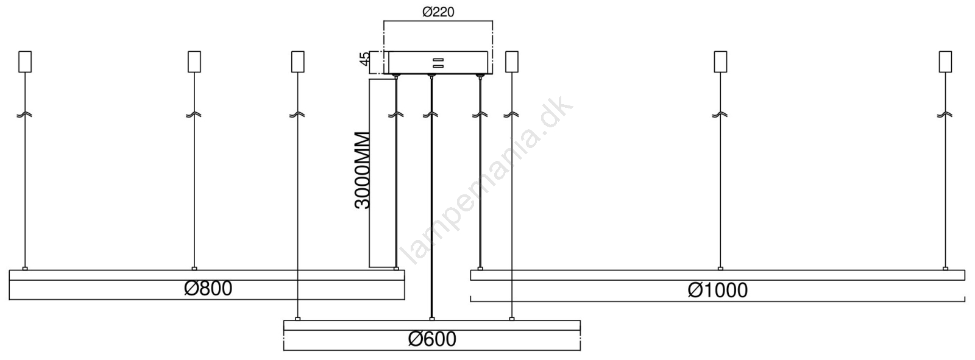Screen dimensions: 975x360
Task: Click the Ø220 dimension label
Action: pos(438,12)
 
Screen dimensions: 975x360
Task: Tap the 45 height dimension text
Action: pos(365,58)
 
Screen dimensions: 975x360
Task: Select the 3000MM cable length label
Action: pos(362,170)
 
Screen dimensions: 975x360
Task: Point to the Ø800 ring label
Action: pos(208,288)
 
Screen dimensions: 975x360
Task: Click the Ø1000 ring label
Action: pos(718,291)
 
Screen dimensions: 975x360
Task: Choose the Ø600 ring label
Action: pos(432,339)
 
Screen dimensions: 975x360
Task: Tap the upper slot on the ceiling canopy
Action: pos(438,60)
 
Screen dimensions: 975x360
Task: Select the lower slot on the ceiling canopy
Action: pos(438,66)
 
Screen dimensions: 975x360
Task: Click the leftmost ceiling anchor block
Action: pos(25,62)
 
